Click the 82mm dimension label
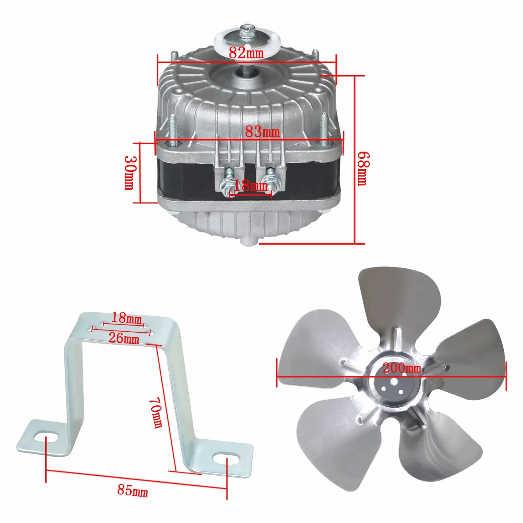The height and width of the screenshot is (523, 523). tap(246, 53)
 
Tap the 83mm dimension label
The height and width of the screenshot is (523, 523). tap(262, 132)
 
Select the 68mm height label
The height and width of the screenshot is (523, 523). tap(363, 169)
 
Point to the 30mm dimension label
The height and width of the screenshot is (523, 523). tap(130, 173)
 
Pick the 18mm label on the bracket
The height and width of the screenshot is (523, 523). tap(126, 318)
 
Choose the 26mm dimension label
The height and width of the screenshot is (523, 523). tap(124, 338)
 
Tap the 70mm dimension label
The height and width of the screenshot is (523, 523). tap(156, 413)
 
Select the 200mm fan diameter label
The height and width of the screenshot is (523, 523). tap(402, 368)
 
